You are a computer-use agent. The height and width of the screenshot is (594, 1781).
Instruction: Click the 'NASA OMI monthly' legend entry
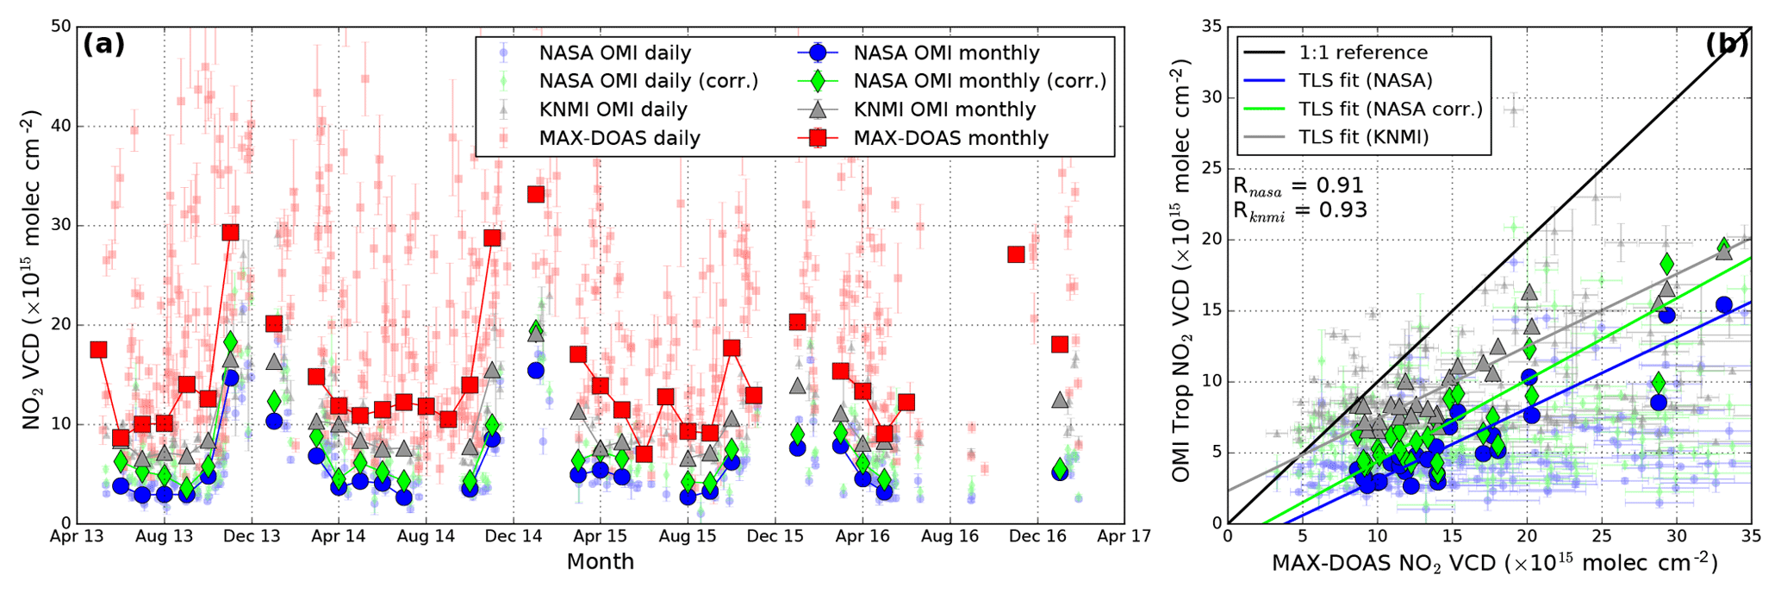click(x=945, y=53)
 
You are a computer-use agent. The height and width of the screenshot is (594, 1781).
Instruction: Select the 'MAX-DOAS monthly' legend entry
click(x=950, y=138)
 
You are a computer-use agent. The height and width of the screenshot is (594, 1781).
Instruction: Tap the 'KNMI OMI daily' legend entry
click(x=613, y=109)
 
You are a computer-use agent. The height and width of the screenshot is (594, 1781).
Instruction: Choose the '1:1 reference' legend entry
click(x=1363, y=53)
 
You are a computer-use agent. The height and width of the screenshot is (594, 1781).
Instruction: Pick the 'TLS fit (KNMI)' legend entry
click(x=1364, y=136)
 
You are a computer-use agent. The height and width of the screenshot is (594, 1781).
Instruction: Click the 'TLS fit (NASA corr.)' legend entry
click(x=1391, y=109)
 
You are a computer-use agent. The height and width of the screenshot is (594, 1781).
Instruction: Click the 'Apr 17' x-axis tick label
click(x=1124, y=536)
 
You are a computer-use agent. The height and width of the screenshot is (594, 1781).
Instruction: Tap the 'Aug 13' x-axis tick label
click(x=165, y=536)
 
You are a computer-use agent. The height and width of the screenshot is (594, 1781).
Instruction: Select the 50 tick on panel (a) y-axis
click(x=59, y=27)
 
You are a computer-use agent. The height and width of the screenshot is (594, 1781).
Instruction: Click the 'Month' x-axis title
click(x=600, y=562)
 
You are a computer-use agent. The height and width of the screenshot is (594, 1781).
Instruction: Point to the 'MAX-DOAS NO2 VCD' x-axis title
click(x=1494, y=564)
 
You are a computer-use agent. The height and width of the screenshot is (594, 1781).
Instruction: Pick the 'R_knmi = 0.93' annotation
click(x=1299, y=209)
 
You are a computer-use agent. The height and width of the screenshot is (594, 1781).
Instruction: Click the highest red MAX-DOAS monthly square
click(x=536, y=194)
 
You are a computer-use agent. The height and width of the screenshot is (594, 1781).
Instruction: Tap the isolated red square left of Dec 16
click(x=1016, y=254)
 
